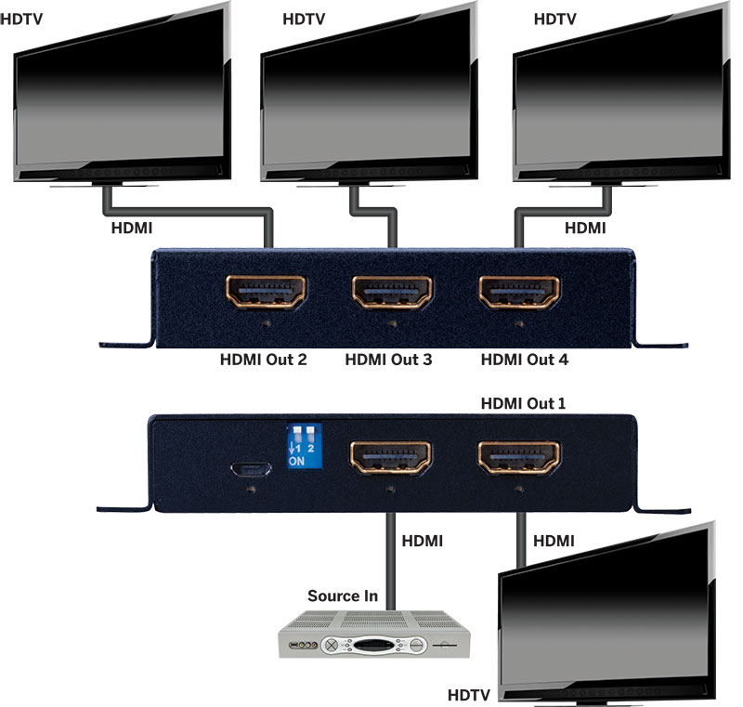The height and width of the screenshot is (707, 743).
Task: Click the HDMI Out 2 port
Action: click(x=267, y=295)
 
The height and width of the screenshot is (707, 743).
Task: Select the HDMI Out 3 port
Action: click(x=392, y=295)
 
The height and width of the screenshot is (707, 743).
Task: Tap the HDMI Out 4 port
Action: click(x=518, y=295)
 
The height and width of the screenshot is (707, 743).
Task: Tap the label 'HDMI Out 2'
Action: click(x=263, y=360)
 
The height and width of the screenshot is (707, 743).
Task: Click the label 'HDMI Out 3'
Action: click(x=388, y=360)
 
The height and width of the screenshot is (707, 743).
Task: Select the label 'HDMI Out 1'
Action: click(x=523, y=404)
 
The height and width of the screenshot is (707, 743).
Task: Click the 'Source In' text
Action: click(x=343, y=596)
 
